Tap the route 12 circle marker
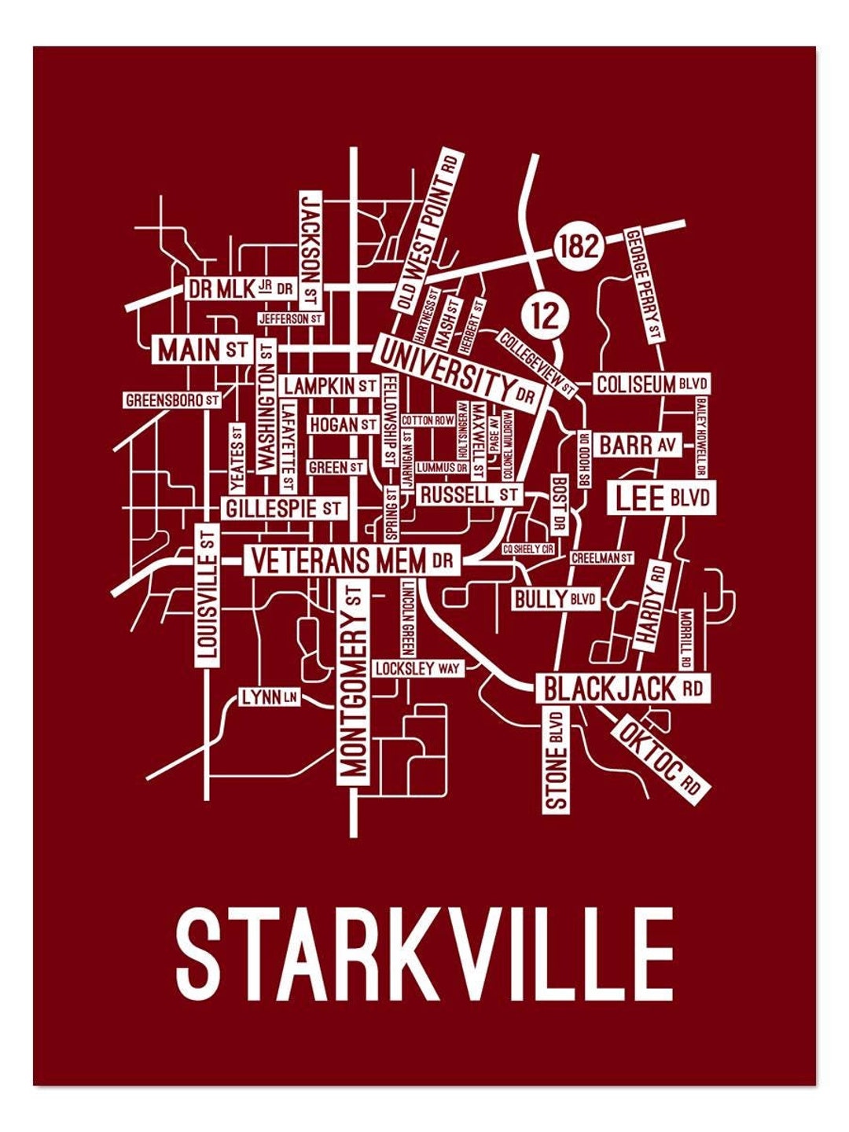point(544,315)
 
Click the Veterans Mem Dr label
point(352,560)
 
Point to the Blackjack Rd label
point(623,689)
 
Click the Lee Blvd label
point(662,498)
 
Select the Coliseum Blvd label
point(652,384)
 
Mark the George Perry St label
point(643,285)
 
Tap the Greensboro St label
point(171,400)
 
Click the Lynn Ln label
point(270,696)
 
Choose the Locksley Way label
point(417,668)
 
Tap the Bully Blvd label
point(555,600)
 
